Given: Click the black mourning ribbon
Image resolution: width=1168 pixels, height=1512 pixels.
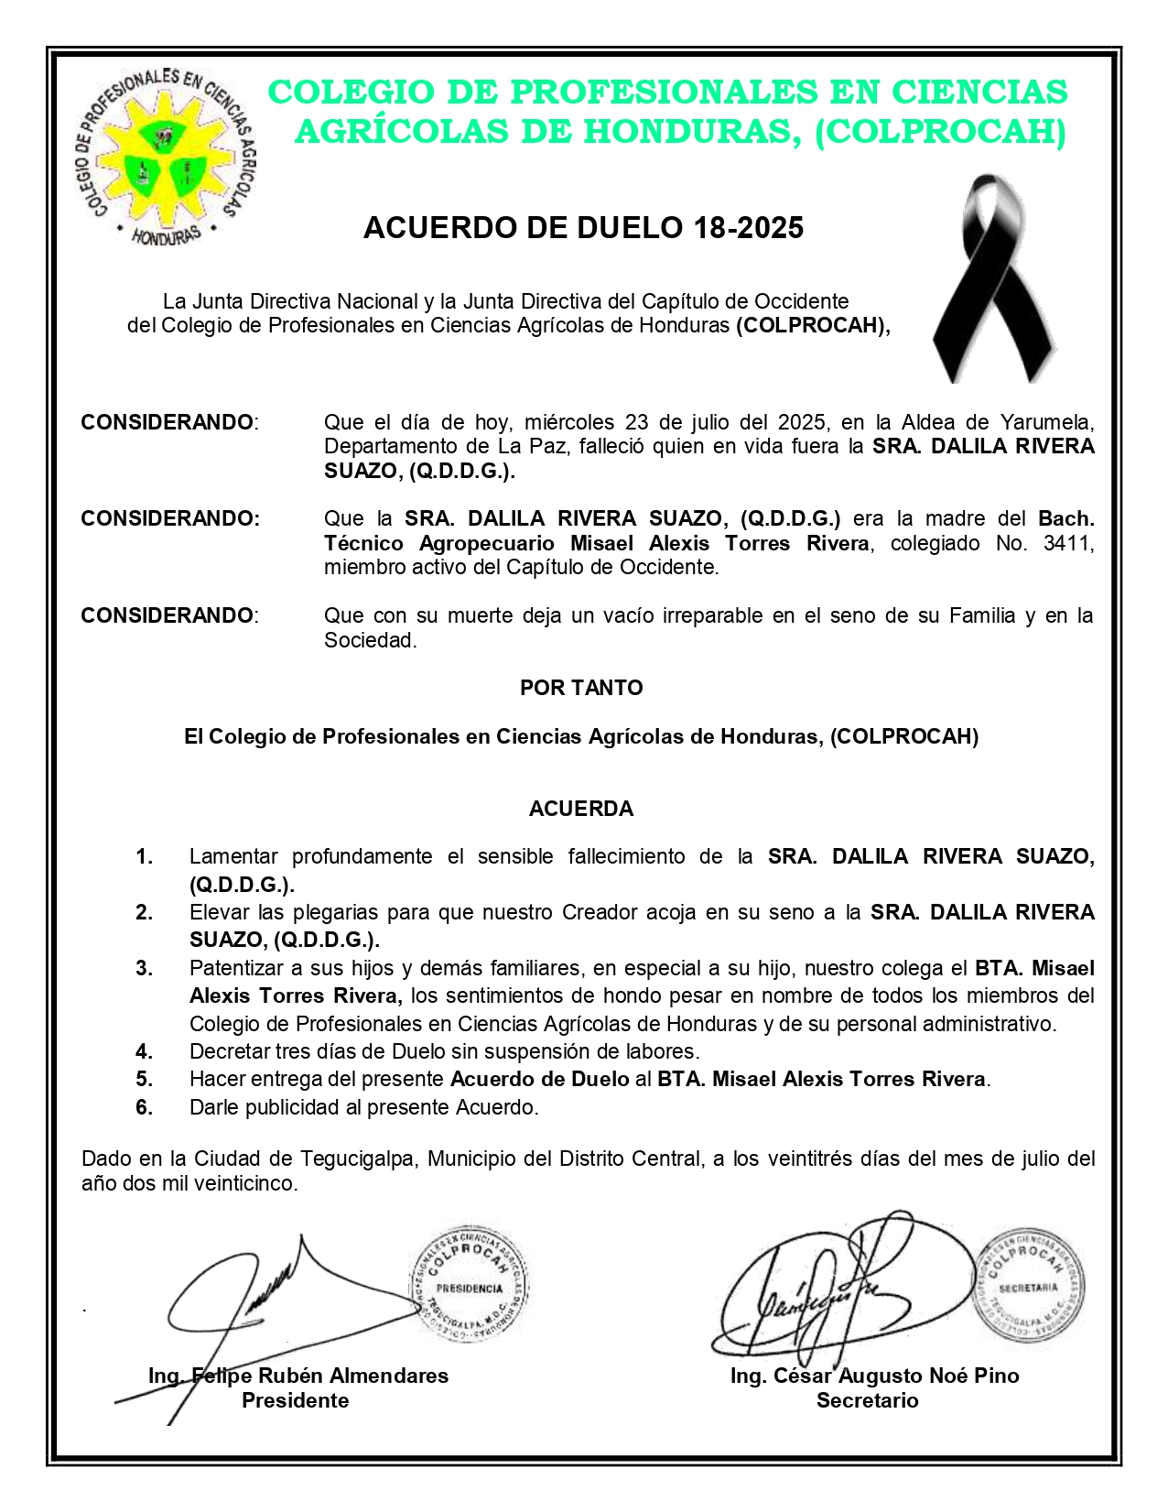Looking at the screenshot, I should point(992,279).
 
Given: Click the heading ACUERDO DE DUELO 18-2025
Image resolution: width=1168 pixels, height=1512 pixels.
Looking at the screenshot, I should point(583,227).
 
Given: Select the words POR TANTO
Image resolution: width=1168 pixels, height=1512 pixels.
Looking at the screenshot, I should point(581,688).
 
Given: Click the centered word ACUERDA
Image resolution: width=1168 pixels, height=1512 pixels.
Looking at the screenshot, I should point(581,809).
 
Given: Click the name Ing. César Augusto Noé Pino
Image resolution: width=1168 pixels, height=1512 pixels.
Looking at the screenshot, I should point(874,1376).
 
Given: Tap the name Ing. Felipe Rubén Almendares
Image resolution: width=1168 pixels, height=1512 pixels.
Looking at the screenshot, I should point(298,1376).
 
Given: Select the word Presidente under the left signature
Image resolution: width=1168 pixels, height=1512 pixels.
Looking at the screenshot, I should point(295,1400).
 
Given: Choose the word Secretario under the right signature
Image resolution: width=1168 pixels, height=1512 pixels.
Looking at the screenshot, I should point(867,1400).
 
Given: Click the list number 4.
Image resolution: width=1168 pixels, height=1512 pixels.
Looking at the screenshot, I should point(145,1051).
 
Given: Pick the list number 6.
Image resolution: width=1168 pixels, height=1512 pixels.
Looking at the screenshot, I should point(145,1107).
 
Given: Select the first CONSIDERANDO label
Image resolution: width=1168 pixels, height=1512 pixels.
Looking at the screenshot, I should point(167,422).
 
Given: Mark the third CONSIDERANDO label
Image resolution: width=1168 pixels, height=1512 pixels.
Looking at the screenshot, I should point(167,615).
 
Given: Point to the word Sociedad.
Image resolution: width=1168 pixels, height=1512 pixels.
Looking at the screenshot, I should point(370,640).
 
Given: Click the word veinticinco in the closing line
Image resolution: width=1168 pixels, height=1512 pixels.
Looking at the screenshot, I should point(247,1183).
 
